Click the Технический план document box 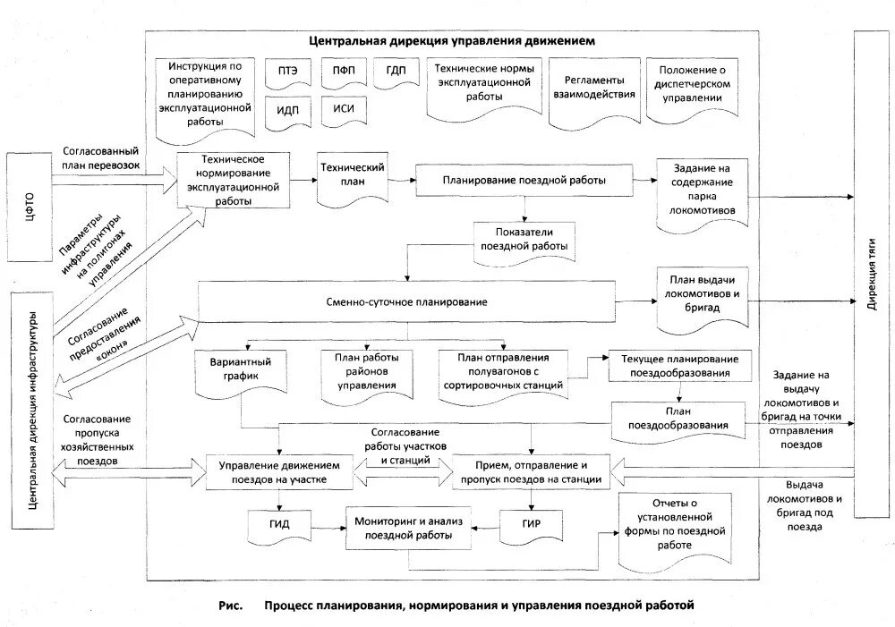pos(352,175)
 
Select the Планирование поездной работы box pos(523,181)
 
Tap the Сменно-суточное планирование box pos(407,302)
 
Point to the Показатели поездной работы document pos(523,239)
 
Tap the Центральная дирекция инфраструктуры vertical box pos(32,410)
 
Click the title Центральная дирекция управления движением pos(452,41)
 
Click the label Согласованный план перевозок pos(100,158)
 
